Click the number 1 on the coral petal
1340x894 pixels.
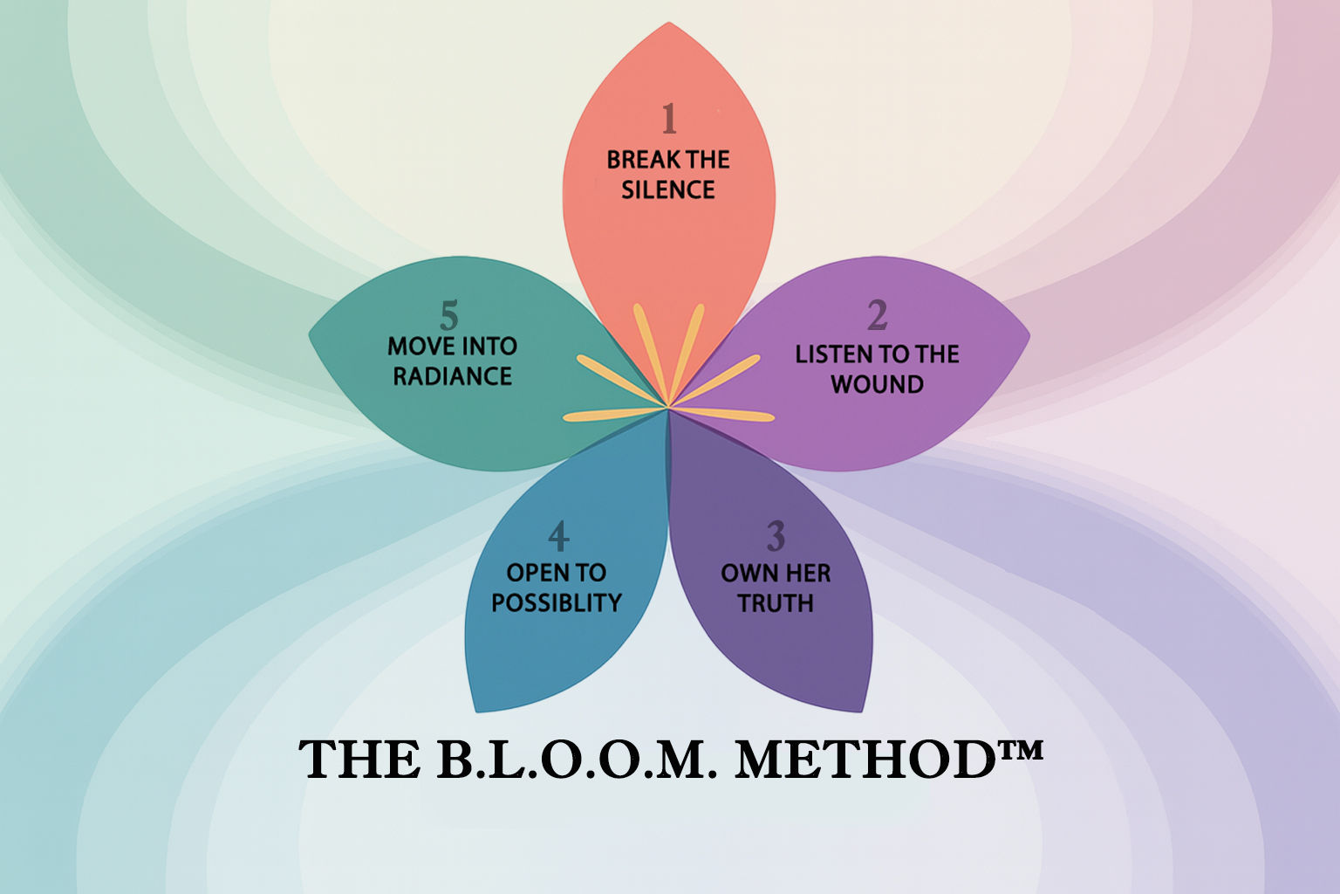[x=669, y=119]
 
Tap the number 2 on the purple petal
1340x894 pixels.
[x=877, y=315]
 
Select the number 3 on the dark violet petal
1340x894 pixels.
[x=776, y=536]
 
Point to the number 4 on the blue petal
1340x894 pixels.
[x=558, y=536]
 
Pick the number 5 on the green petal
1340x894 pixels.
[x=449, y=315]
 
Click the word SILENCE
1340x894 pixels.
[x=668, y=189]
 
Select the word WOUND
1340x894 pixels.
[x=877, y=384]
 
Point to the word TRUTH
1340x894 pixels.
[x=776, y=603]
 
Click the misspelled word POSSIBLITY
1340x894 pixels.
[x=557, y=603]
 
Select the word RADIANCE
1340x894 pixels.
[x=452, y=376]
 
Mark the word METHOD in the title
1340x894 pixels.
[x=865, y=760]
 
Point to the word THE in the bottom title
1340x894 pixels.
[x=360, y=760]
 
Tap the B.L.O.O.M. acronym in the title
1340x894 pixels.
[x=577, y=760]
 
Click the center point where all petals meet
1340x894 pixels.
[x=668, y=407]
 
